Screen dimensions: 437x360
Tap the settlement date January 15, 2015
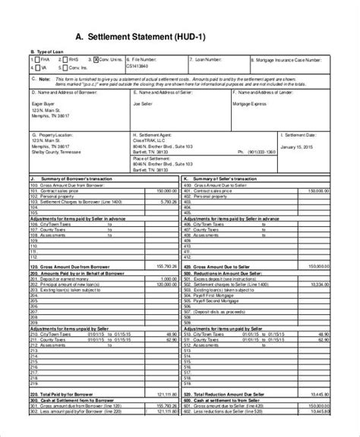297,146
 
